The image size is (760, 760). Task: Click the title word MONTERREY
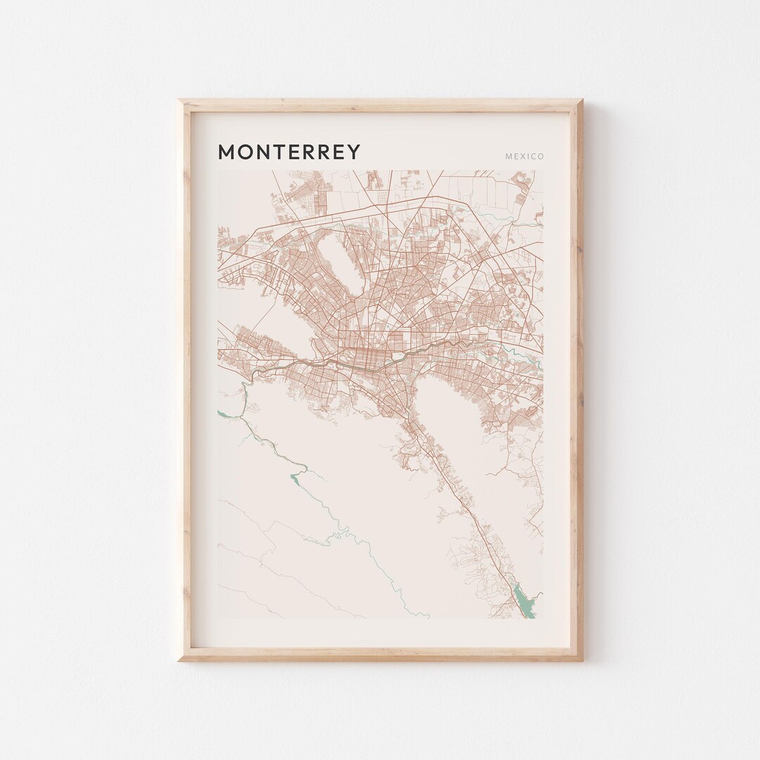pyautogui.click(x=289, y=152)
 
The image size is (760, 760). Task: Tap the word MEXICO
pyautogui.click(x=524, y=156)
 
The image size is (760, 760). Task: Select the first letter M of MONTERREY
pyautogui.click(x=227, y=152)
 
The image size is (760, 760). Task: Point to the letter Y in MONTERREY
pyautogui.click(x=353, y=152)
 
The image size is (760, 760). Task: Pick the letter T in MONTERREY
pyautogui.click(x=276, y=152)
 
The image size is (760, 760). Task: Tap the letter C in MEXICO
pyautogui.click(x=533, y=156)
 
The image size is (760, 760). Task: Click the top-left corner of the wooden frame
pyautogui.click(x=180, y=101)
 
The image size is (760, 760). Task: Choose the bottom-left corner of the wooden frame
pyautogui.click(x=180, y=659)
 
